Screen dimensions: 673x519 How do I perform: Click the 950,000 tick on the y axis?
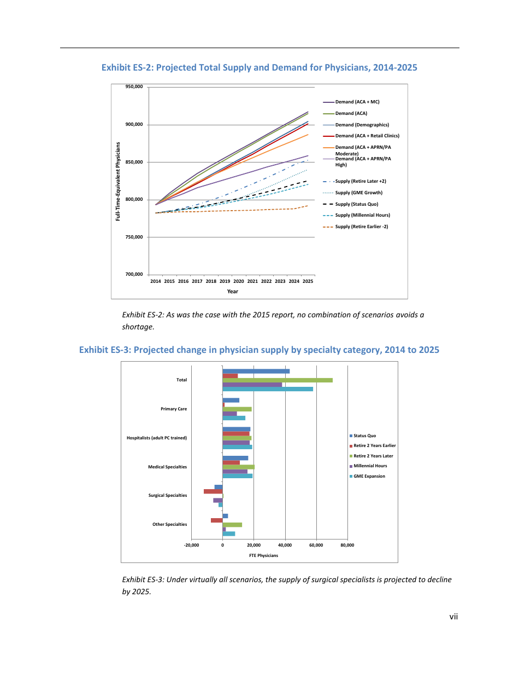[x=134, y=87]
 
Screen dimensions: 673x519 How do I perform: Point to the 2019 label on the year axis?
[x=225, y=281]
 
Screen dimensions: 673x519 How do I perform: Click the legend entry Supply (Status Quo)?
[x=356, y=204]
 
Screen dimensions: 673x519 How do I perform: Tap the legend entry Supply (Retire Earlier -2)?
[x=361, y=227]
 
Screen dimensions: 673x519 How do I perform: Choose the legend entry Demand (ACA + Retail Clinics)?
[x=367, y=136]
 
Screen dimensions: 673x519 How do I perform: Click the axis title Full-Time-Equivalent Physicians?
[x=117, y=182]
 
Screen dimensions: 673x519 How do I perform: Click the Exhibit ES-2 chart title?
[x=259, y=68]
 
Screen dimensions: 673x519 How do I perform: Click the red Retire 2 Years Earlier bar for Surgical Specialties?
[x=213, y=491]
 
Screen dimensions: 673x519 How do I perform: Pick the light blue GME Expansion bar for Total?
[x=268, y=389]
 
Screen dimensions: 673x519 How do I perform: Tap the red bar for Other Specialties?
[x=216, y=520]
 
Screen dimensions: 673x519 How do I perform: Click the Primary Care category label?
[x=174, y=409]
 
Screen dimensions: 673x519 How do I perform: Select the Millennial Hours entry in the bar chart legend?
[x=370, y=466]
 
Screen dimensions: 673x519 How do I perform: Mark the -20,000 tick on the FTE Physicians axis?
[x=191, y=545]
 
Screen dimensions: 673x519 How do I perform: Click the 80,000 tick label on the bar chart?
[x=347, y=545]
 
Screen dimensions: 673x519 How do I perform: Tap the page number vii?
[x=453, y=617]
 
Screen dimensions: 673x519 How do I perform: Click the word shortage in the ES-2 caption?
[x=138, y=327]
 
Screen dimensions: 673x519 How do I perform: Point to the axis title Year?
[x=232, y=292]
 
